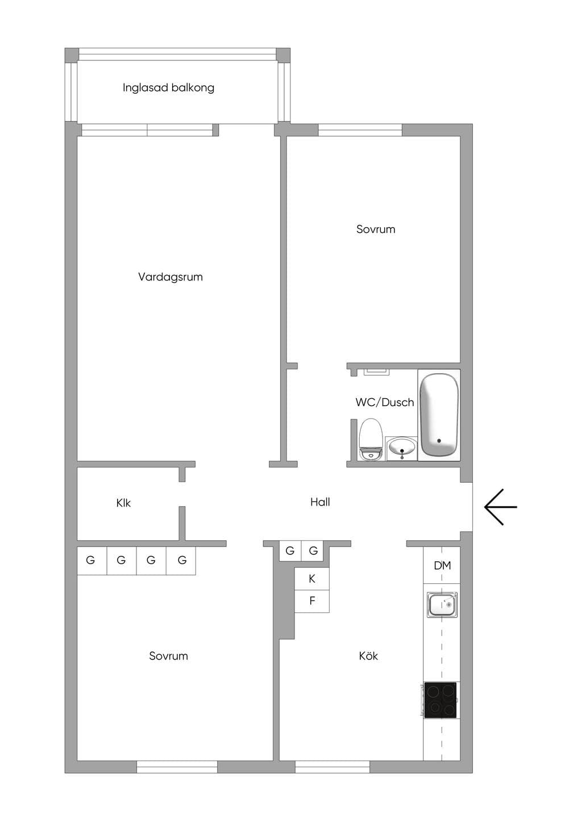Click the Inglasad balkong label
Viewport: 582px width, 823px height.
pos(168,88)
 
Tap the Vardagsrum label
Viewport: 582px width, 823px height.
pos(171,277)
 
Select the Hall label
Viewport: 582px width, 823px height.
pos(320,502)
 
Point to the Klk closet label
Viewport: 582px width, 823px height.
pos(123,503)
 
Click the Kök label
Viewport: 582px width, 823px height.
pos(368,655)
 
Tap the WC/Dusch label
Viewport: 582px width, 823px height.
pos(385,402)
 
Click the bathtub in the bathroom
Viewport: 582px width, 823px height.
pos(439,415)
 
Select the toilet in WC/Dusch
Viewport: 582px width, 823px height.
pos(371,439)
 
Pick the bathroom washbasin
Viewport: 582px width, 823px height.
pos(402,448)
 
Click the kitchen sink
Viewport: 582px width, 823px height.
pos(442,605)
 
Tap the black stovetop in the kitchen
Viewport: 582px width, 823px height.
pos(440,700)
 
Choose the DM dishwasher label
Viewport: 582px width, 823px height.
pos(442,566)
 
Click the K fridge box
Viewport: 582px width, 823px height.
pos(312,579)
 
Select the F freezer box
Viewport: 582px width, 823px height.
pos(312,601)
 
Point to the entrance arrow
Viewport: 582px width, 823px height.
pos(500,507)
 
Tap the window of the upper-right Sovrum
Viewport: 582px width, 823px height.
pos(360,130)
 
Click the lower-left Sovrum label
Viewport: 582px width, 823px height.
pos(168,656)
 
